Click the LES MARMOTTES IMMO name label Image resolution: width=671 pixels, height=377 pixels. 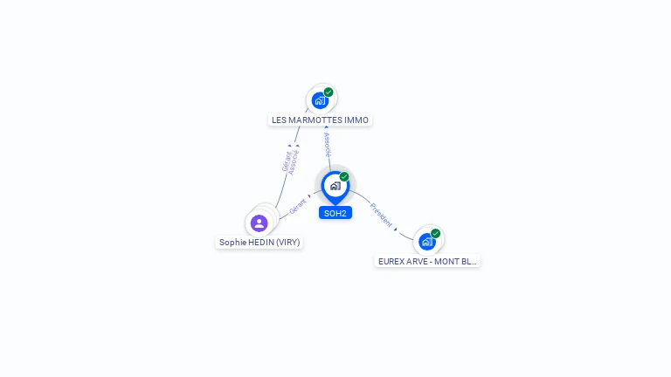320,120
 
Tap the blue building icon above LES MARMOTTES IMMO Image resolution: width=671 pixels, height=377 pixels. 320,100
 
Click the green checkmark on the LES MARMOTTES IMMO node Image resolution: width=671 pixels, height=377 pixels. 329,93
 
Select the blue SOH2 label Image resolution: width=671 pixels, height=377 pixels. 335,213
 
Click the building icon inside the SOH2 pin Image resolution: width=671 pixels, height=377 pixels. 335,186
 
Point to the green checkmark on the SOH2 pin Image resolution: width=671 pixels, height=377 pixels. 344,177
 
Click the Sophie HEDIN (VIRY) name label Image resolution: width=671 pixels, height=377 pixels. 259,242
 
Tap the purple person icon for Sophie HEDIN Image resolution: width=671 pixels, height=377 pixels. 259,223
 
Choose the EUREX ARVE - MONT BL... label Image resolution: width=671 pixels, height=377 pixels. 427,261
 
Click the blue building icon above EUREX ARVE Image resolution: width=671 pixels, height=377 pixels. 426,242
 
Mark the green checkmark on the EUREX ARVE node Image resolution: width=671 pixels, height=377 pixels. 435,234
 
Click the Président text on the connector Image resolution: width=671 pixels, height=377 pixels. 381,215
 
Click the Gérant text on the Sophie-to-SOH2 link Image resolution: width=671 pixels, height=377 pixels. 298,206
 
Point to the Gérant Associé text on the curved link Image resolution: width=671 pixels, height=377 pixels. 290,161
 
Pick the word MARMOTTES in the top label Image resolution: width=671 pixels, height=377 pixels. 315,120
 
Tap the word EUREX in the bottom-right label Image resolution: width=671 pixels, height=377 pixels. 391,261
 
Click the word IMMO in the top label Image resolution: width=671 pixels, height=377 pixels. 356,120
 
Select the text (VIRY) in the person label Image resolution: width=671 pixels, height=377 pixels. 287,242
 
